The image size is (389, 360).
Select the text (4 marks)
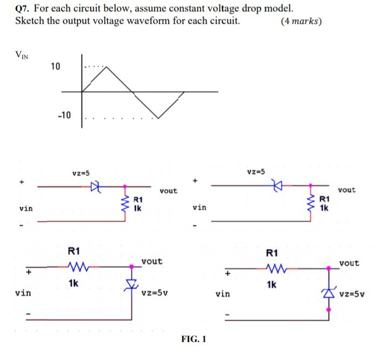point(301,22)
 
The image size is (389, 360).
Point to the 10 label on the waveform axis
point(56,66)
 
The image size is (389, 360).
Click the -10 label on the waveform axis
point(63,116)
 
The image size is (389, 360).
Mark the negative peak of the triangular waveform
point(157,117)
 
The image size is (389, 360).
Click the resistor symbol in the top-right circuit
point(311,203)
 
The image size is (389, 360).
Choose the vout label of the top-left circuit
point(168,191)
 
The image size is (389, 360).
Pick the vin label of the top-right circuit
point(199,207)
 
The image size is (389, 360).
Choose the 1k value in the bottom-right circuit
point(272,283)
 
